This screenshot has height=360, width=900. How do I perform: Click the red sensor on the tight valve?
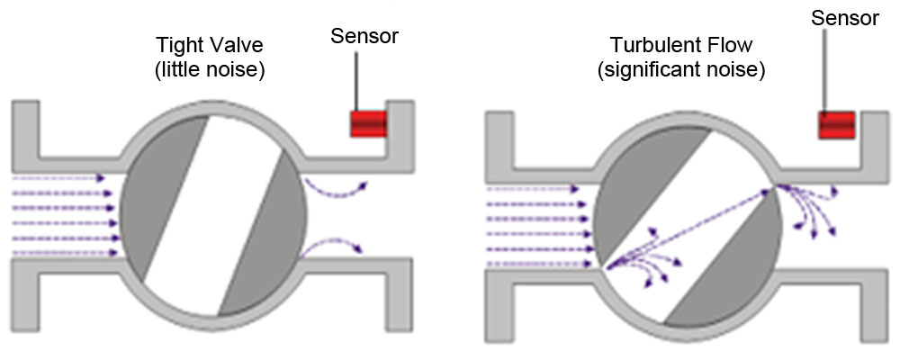(x=368, y=123)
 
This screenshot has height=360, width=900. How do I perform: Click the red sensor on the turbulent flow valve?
(x=836, y=125)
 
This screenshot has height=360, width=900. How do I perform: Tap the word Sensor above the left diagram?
(x=364, y=36)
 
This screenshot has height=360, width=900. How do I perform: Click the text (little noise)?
(x=213, y=68)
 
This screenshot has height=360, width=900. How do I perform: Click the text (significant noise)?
(x=681, y=68)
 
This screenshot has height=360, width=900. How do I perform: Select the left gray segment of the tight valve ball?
(x=157, y=198)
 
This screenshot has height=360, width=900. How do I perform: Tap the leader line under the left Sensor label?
(x=356, y=81)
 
